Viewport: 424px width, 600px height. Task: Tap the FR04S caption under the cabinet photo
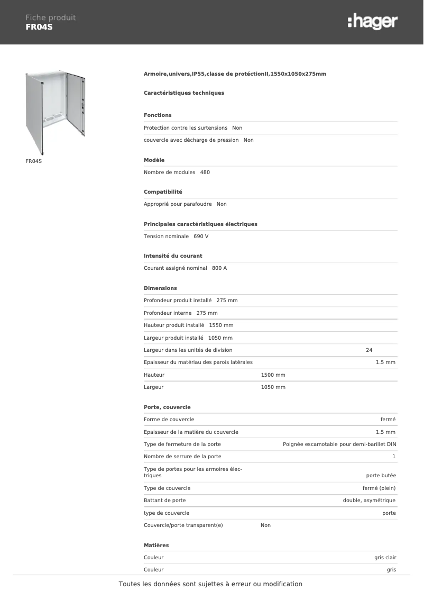click(33, 161)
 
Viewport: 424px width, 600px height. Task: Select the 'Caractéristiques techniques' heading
click(184, 93)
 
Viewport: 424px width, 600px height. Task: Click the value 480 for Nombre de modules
click(205, 172)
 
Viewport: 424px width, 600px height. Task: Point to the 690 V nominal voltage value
click(201, 237)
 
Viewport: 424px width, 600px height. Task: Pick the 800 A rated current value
click(219, 268)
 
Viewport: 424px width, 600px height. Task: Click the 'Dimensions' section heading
click(160, 288)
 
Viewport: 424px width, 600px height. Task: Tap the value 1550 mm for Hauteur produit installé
click(221, 325)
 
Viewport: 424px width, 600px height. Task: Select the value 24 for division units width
click(369, 350)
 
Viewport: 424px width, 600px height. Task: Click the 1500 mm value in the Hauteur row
click(273, 375)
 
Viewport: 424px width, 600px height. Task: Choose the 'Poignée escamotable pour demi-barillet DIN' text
click(339, 444)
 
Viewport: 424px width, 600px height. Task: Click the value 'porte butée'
click(381, 476)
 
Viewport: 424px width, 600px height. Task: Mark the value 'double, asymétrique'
click(369, 501)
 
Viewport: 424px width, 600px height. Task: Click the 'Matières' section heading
click(156, 545)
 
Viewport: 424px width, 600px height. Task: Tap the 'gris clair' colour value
click(384, 558)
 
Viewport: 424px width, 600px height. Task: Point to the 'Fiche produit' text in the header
click(51, 17)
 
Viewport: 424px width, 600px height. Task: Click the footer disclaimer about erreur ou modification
click(210, 584)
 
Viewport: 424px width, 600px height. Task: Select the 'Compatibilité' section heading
click(163, 192)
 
